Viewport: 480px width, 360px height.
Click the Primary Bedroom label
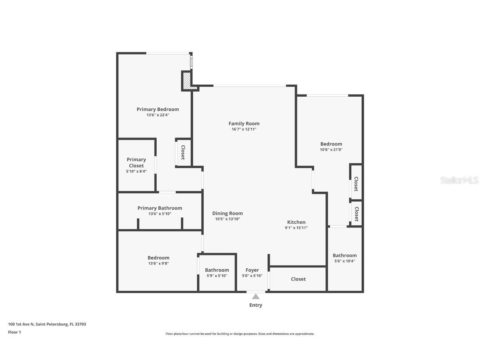point(157,109)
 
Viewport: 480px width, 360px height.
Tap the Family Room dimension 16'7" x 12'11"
point(244,129)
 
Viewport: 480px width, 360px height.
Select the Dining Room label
point(227,213)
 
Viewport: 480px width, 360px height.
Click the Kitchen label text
point(296,222)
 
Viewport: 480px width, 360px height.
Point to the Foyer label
point(252,270)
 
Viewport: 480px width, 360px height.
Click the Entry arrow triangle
point(256,297)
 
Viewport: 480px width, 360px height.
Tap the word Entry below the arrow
point(256,305)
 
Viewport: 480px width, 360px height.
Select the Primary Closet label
point(136,162)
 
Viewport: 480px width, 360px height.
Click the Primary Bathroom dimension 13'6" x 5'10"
point(160,214)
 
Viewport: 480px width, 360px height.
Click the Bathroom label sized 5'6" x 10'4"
point(345,255)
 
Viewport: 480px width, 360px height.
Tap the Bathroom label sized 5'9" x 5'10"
point(217,270)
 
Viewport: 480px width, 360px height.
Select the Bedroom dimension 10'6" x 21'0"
point(331,150)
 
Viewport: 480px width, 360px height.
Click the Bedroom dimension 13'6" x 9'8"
point(158,263)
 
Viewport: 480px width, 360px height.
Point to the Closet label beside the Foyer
point(298,279)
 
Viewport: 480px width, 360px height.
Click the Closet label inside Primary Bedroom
point(182,152)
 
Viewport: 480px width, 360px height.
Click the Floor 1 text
point(14,332)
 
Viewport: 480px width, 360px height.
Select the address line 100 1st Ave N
point(47,324)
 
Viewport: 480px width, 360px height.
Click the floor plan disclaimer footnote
point(240,334)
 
